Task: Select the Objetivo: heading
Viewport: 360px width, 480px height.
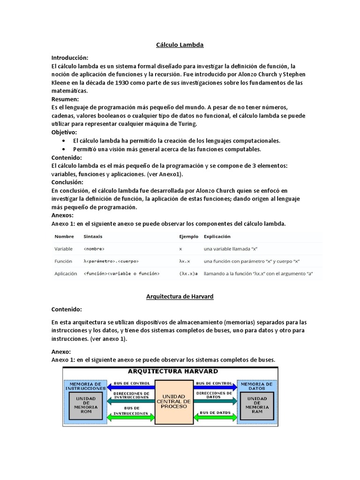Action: (64, 133)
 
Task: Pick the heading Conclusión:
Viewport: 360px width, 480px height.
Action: (67, 182)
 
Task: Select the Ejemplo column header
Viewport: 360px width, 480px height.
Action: (188, 236)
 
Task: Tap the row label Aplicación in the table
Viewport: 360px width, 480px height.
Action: (66, 273)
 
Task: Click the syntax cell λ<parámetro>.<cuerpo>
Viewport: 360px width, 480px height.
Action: (111, 261)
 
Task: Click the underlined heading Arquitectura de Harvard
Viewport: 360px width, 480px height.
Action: (180, 297)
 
